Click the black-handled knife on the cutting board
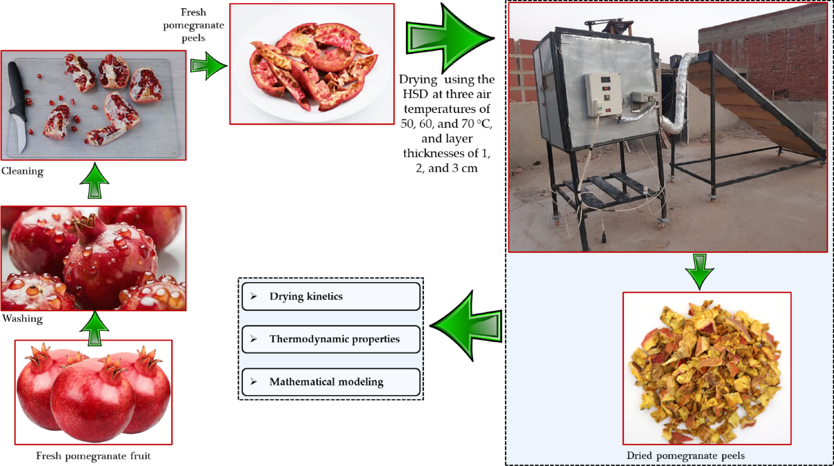click(x=18, y=105)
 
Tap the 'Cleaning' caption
click(x=22, y=171)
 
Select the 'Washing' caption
click(x=22, y=319)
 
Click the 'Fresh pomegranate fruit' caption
click(x=93, y=456)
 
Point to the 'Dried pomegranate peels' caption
click(x=685, y=455)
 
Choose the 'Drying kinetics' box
click(x=331, y=297)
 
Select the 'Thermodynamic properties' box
click(x=331, y=339)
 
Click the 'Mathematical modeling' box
click(x=331, y=382)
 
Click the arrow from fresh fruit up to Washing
click(x=94, y=328)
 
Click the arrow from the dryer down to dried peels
click(x=699, y=271)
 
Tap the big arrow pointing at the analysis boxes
click(x=468, y=326)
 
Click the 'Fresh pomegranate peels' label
click(x=193, y=25)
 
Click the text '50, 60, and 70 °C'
click(x=446, y=124)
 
